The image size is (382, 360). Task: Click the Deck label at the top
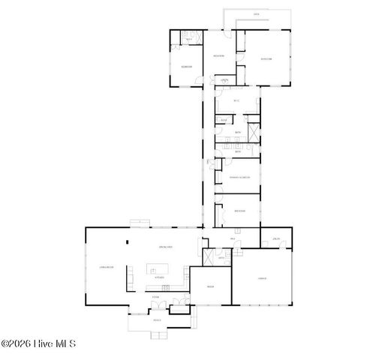256,14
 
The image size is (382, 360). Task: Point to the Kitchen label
159,277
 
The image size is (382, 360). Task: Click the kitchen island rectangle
157,268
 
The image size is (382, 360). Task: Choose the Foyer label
155,298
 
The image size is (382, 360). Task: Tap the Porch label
158,320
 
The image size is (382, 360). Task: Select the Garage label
261,277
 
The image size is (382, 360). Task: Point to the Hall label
233,239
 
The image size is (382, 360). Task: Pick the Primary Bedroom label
239,177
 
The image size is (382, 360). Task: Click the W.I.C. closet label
236,100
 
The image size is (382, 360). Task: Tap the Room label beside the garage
211,286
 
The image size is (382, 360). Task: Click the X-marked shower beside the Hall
203,255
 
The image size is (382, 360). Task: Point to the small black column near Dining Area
128,241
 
